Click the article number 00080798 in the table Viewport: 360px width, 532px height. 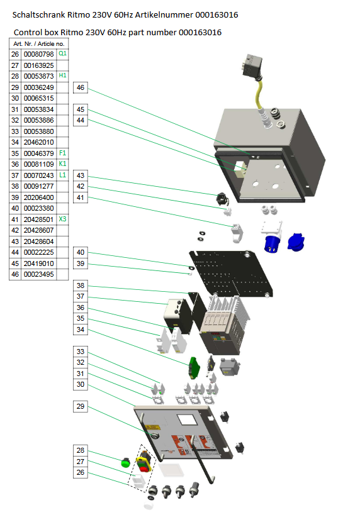pos(39,54)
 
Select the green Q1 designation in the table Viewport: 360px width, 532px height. pos(62,53)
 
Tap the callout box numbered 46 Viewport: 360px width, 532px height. pos(81,87)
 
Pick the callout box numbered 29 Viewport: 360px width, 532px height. pos(81,406)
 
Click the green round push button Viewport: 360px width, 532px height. pos(125,462)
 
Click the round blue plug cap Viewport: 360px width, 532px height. pos(296,242)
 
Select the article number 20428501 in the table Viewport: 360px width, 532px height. pos(39,219)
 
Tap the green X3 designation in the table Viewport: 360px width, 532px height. pos(62,219)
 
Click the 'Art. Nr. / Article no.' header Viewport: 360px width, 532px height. pos(39,44)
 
